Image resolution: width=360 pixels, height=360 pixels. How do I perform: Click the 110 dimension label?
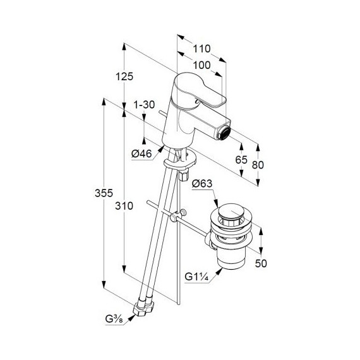pos(201,49)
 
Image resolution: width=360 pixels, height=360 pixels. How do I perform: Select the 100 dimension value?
pos(201,66)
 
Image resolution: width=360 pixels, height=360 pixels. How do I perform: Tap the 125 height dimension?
pos(124,76)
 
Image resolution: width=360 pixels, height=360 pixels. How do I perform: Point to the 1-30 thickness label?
pos(144,105)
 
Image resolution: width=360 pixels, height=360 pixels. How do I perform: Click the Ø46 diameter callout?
pos(142,153)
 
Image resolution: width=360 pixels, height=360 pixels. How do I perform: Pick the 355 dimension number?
pos(104,193)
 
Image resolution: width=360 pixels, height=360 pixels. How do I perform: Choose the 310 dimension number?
pos(124,206)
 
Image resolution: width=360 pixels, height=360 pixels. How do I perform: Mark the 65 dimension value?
pos(241,160)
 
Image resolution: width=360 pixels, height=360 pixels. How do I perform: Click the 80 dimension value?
pos(258,165)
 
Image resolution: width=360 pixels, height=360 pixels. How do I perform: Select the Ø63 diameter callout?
pos(202,184)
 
